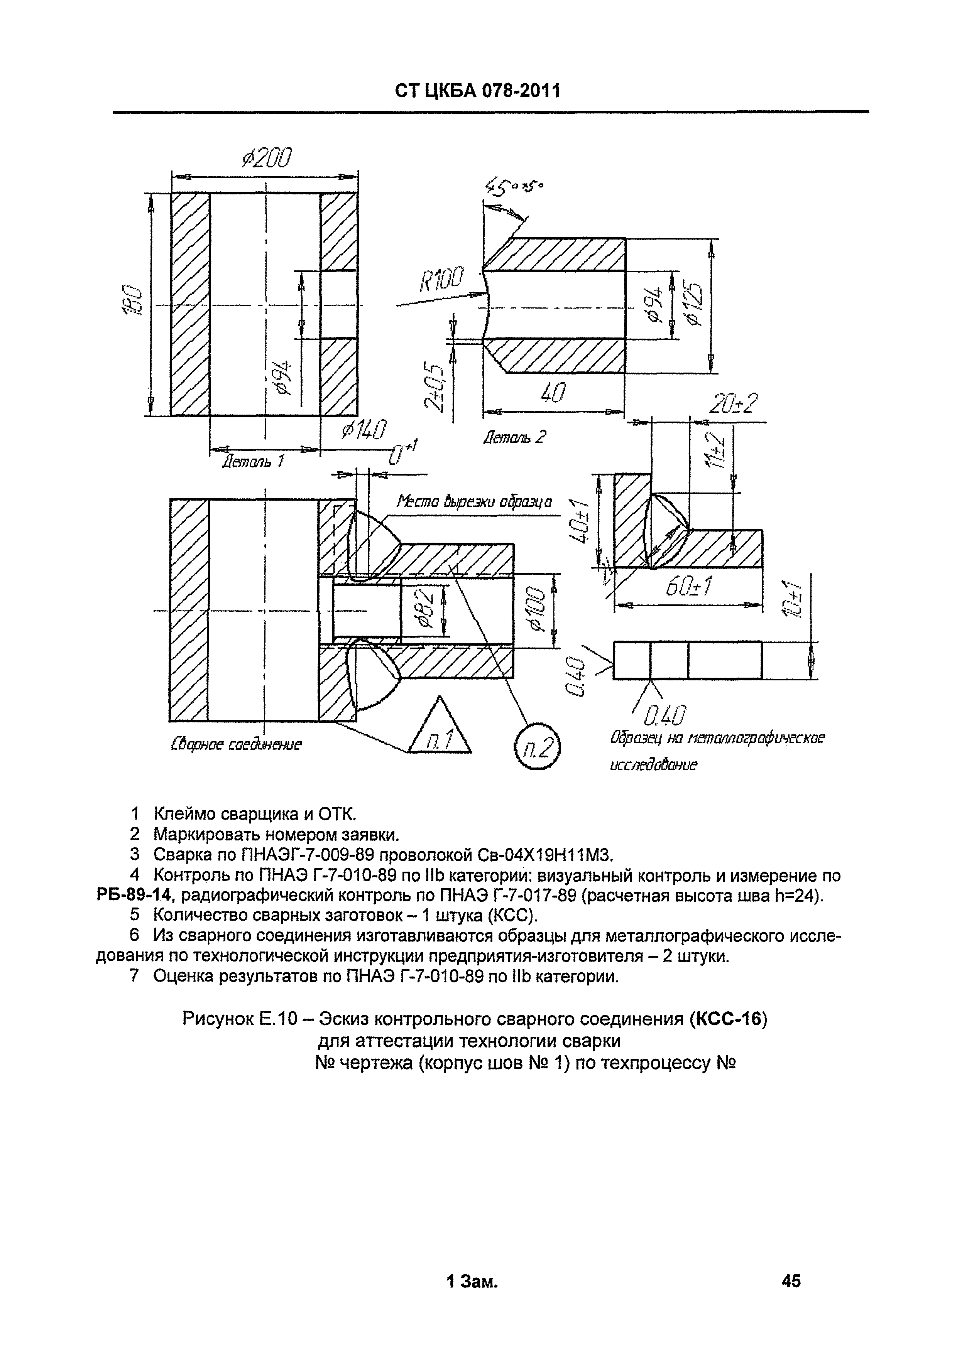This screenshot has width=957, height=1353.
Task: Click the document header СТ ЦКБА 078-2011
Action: click(x=478, y=90)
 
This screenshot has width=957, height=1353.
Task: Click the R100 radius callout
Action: click(x=441, y=279)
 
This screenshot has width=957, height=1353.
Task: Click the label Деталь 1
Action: click(x=252, y=461)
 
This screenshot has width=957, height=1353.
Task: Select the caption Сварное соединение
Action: click(x=236, y=744)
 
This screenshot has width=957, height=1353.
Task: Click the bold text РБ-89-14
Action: click(x=134, y=896)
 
